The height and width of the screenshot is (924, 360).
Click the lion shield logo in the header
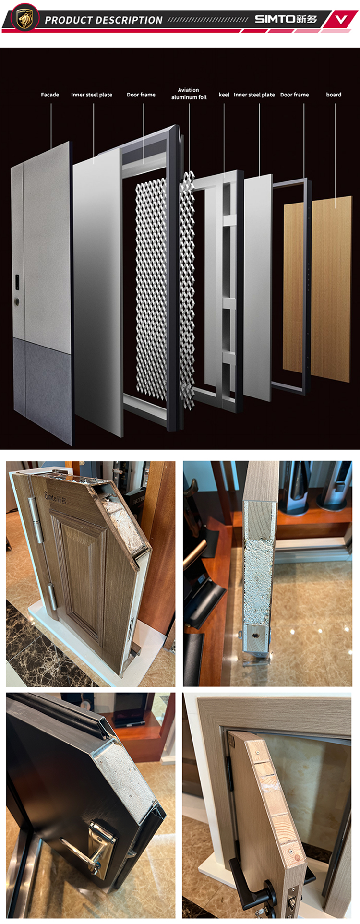(25, 18)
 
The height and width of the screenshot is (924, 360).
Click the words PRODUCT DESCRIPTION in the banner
(104, 20)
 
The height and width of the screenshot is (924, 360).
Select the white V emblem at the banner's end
(341, 20)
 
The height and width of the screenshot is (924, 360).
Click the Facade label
(50, 95)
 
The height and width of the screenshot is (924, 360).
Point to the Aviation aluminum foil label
(189, 94)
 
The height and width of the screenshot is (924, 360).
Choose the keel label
(224, 95)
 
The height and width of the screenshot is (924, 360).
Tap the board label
(334, 95)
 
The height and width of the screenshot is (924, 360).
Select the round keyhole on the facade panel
(18, 302)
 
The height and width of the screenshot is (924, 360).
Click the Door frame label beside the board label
(294, 95)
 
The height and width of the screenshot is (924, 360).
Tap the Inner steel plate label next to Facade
(92, 95)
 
